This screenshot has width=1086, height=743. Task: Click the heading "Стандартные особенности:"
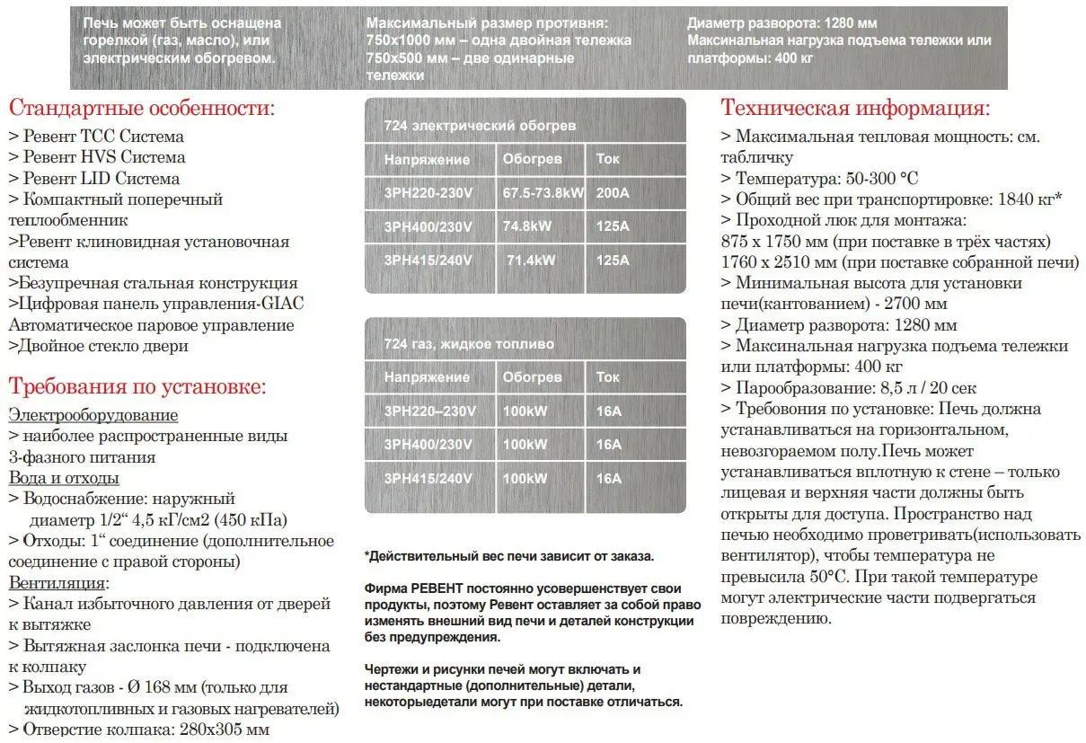pyautogui.click(x=142, y=110)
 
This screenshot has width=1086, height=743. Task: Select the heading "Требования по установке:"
pyautogui.click(x=137, y=387)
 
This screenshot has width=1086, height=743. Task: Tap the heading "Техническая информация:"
pyautogui.click(x=855, y=110)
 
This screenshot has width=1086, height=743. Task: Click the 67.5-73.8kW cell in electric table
pyautogui.click(x=543, y=192)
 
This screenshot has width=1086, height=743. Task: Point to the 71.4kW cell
pyautogui.click(x=531, y=261)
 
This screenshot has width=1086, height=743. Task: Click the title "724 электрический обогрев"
pyautogui.click(x=480, y=126)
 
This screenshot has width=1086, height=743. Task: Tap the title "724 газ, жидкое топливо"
pyautogui.click(x=469, y=344)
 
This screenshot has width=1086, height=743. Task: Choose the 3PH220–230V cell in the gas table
pyautogui.click(x=429, y=411)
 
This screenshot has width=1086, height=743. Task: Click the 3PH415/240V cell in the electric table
pyautogui.click(x=428, y=261)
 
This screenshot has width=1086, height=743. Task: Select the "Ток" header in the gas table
pyautogui.click(x=608, y=377)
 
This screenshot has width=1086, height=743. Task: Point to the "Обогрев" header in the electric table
pyautogui.click(x=532, y=159)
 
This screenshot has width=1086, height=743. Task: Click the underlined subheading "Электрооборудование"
pyautogui.click(x=93, y=415)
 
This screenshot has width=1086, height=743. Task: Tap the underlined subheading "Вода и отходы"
pyautogui.click(x=64, y=478)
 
